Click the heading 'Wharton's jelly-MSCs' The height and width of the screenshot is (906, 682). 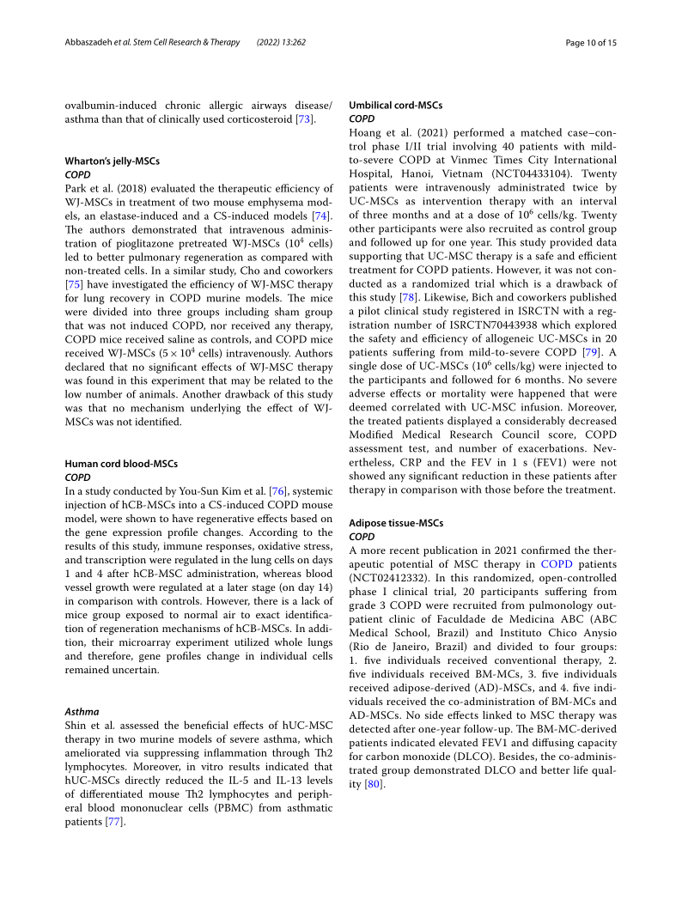pos(112,161)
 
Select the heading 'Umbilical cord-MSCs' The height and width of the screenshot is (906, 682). pos(395,105)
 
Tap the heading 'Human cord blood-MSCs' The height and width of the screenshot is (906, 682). pos(121,464)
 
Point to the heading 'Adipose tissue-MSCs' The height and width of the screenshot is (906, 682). pos(396,523)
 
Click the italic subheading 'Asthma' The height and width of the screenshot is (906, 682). pos(82,711)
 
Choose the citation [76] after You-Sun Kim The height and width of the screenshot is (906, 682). pos(277,490)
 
